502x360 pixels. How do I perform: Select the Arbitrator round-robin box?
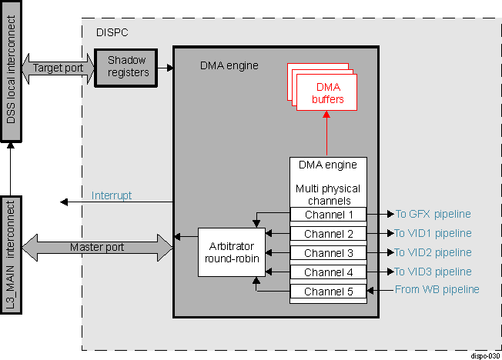(231, 252)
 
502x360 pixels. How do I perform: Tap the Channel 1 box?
(328, 215)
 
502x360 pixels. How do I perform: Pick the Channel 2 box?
(328, 234)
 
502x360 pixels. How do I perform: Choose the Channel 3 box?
(328, 253)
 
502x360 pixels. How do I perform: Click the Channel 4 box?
(328, 272)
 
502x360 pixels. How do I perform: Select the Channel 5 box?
(328, 292)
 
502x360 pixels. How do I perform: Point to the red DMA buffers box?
(328, 93)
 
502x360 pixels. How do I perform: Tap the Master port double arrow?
(97, 247)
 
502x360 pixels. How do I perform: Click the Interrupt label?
(112, 195)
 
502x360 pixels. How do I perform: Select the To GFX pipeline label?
(433, 214)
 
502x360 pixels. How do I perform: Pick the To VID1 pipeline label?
(433, 233)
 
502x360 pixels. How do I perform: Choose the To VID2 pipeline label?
(433, 252)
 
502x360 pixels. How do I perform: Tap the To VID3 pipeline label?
(433, 272)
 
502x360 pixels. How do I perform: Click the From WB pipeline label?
(437, 290)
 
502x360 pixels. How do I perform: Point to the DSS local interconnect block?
(11, 72)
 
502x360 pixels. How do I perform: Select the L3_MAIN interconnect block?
(11, 255)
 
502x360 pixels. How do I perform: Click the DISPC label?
(112, 33)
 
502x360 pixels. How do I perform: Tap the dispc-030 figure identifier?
(484, 355)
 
